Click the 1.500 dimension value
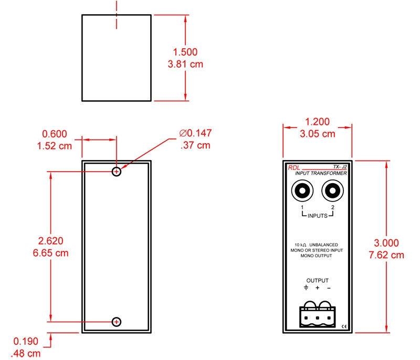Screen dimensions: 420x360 click(x=185, y=52)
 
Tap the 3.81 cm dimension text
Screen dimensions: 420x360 click(x=185, y=64)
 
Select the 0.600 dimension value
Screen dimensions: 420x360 click(x=55, y=134)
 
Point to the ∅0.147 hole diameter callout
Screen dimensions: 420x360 click(x=195, y=133)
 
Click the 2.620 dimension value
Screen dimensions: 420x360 click(x=50, y=241)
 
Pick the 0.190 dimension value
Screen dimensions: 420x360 click(x=26, y=341)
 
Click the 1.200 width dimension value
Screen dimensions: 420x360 click(x=318, y=122)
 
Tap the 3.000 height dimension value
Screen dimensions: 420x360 click(x=386, y=243)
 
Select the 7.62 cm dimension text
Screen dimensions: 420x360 click(x=386, y=255)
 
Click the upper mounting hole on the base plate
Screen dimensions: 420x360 click(x=117, y=172)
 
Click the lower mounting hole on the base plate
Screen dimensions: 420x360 click(x=117, y=322)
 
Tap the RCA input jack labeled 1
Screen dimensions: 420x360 click(x=302, y=190)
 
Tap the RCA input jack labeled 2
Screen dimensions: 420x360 click(x=332, y=190)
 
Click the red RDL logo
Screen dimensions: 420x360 click(x=294, y=168)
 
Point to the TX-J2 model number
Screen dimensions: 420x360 click(x=340, y=167)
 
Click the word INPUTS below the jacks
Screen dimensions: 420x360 click(x=318, y=216)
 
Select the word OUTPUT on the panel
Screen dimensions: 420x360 click(x=318, y=281)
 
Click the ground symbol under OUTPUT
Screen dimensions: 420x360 click(x=306, y=288)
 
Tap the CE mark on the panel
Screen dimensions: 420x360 click(x=344, y=326)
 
